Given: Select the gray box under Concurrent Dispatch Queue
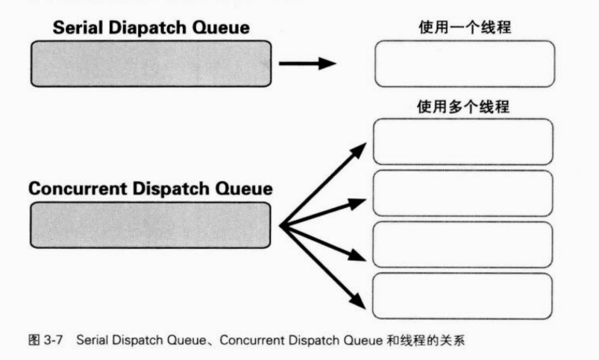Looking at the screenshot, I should click(149, 224).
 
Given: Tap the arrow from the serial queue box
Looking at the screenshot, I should click(304, 63).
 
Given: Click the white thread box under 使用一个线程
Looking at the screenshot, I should click(464, 64).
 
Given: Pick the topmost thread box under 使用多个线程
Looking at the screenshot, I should click(462, 142).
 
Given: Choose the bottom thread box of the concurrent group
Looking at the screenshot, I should click(462, 296).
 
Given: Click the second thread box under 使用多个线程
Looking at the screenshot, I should click(462, 194).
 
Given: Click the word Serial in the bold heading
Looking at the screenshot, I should click(77, 28).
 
